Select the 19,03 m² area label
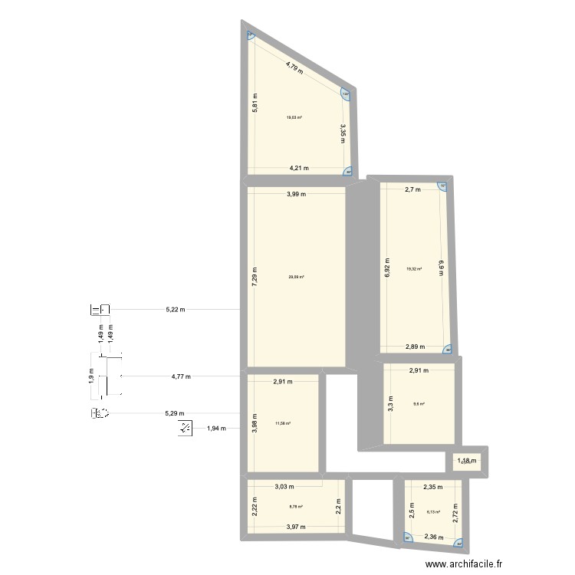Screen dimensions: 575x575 (294, 117)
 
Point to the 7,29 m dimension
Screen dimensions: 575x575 (255, 277)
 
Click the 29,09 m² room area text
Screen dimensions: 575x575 (296, 277)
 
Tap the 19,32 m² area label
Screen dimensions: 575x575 (415, 269)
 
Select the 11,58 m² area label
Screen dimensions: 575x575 (283, 422)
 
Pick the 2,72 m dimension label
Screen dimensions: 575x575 (455, 511)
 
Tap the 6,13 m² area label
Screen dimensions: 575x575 (433, 511)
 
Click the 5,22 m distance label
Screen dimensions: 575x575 (176, 310)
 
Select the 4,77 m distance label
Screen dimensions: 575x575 (181, 376)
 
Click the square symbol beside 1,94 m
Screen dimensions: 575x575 (186, 428)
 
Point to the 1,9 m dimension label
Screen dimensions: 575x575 (91, 376)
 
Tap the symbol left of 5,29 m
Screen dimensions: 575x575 (101, 414)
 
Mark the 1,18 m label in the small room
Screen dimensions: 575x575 (467, 461)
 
